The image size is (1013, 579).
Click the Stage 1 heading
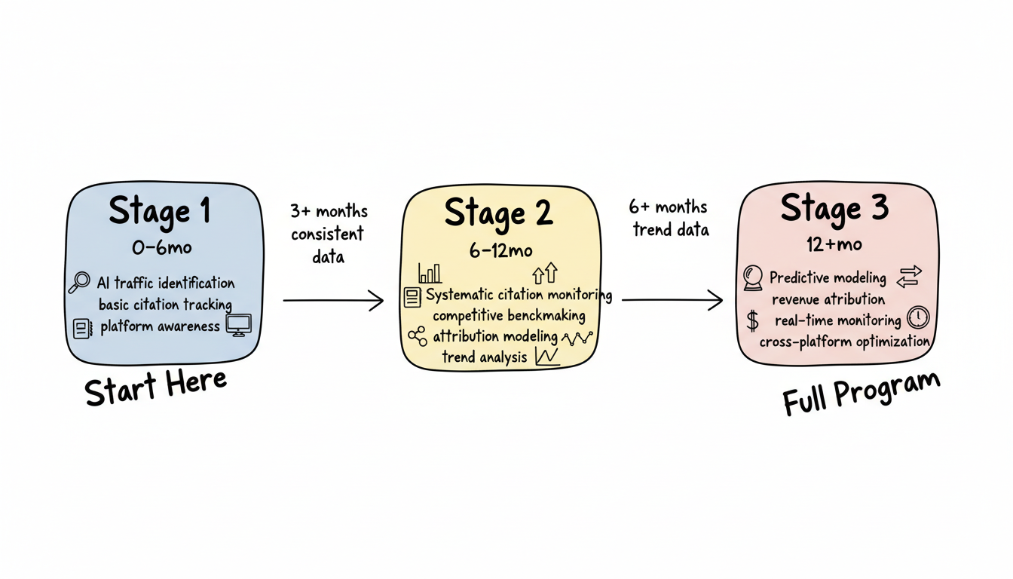point(160,211)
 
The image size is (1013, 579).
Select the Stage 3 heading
point(834,208)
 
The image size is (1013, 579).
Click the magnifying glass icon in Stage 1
point(78,283)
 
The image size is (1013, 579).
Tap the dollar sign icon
point(752,320)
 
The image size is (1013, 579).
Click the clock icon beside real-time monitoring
point(918,317)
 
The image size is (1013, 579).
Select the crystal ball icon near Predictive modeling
point(753,277)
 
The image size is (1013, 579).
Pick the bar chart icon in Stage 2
point(430,273)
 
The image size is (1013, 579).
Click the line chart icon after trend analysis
point(546,357)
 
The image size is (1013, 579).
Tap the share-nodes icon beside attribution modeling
point(417,336)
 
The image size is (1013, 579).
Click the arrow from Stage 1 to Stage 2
point(333,302)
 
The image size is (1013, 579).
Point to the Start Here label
point(155,387)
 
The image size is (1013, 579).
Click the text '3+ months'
point(329,211)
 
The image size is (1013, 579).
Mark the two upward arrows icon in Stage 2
point(544,273)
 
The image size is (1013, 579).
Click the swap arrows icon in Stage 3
point(909,277)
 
